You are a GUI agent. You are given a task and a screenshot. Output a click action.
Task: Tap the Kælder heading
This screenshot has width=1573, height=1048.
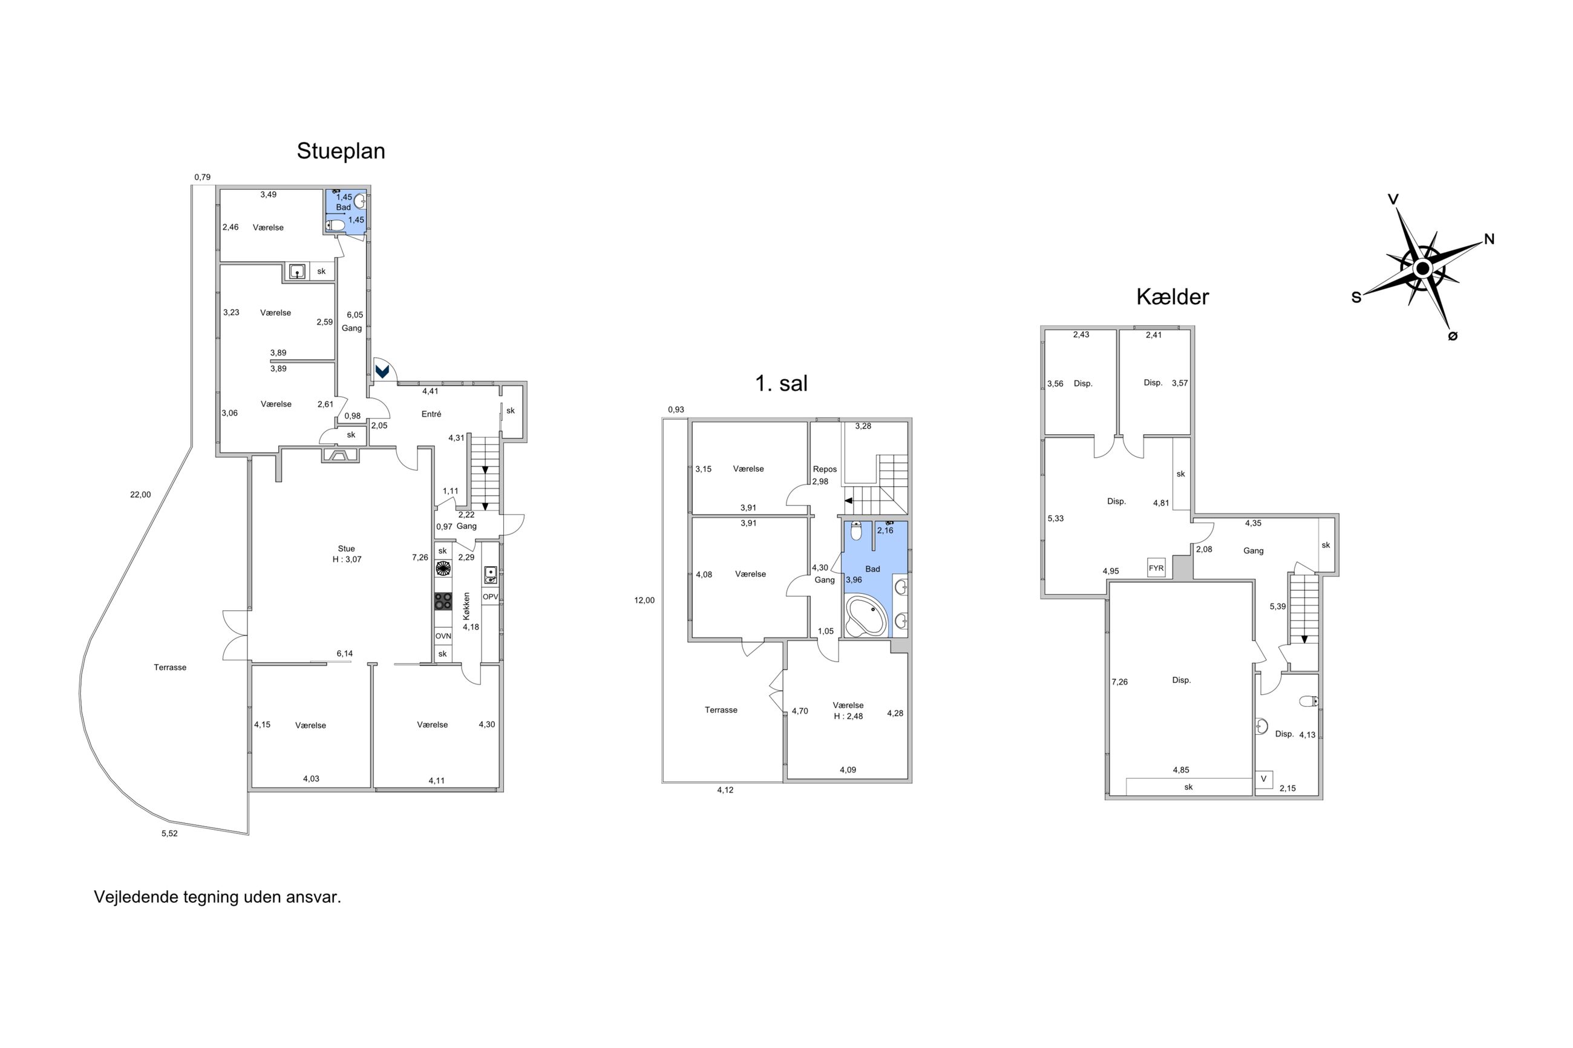tap(1172, 297)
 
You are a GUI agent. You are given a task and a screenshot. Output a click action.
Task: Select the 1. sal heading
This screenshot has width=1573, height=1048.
tap(781, 383)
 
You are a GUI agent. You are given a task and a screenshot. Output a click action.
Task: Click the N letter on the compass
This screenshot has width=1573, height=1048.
tap(1489, 239)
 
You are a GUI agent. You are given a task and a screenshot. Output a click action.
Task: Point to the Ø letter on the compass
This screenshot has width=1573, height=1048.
tap(1452, 336)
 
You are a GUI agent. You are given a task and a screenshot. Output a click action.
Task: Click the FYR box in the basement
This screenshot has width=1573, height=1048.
tap(1156, 568)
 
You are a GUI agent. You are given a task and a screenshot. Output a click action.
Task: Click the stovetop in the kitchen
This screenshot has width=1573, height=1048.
tap(442, 601)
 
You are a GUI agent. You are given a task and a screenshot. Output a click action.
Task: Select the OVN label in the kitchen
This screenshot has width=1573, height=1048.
tap(442, 636)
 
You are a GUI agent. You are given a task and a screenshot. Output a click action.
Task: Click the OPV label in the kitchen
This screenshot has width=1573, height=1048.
tap(490, 597)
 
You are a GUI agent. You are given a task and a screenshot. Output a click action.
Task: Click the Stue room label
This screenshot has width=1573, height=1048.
tap(346, 548)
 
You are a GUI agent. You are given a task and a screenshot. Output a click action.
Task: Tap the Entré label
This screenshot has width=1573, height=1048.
tap(431, 414)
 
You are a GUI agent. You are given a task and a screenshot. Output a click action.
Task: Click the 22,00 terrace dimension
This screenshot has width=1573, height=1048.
tap(140, 495)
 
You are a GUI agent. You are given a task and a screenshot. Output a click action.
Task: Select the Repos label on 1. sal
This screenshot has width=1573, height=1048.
tap(825, 469)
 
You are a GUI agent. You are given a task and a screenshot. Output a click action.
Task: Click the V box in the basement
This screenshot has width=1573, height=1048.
tap(1263, 779)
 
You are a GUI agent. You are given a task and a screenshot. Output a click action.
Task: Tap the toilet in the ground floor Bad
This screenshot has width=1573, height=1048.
tap(335, 225)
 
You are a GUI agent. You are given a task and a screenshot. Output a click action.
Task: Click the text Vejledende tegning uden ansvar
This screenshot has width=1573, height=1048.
tap(217, 897)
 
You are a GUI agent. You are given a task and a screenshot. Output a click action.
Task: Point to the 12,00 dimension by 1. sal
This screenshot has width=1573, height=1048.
tap(644, 600)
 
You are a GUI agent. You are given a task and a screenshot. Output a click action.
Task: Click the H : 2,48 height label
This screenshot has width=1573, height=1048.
tap(848, 717)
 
